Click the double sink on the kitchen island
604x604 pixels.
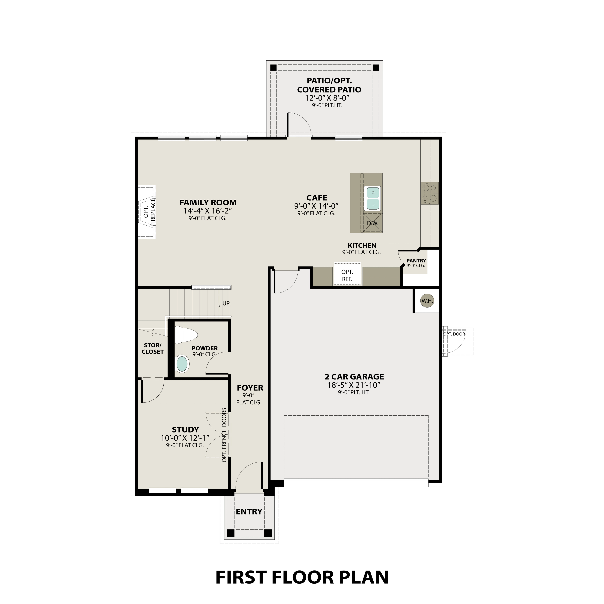(372, 198)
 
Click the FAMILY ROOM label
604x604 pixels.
(208, 203)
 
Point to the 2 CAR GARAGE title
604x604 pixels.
(354, 377)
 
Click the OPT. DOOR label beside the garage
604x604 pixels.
(454, 334)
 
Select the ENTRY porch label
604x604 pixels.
(249, 512)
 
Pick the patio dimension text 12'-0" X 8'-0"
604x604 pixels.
(327, 98)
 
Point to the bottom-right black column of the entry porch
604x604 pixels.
(268, 533)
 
